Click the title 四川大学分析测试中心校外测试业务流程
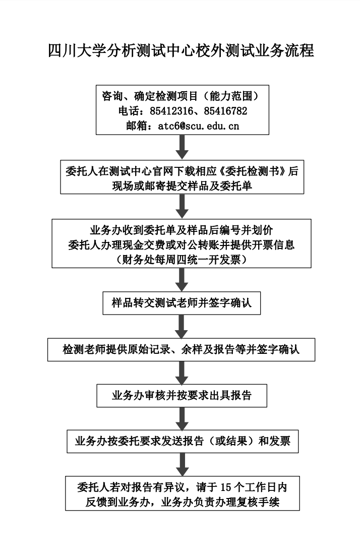[x=181, y=51]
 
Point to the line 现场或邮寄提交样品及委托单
[x=182, y=186]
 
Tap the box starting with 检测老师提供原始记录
[x=182, y=349]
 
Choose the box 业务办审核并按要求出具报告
[x=182, y=396]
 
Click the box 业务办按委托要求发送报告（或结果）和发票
[x=182, y=442]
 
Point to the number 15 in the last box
[x=226, y=487]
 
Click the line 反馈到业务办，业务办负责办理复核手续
[x=182, y=503]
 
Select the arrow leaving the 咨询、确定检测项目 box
[x=182, y=147]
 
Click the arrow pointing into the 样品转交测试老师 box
[x=182, y=279]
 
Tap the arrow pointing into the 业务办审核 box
[x=182, y=373]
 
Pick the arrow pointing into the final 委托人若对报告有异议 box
[x=182, y=464]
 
